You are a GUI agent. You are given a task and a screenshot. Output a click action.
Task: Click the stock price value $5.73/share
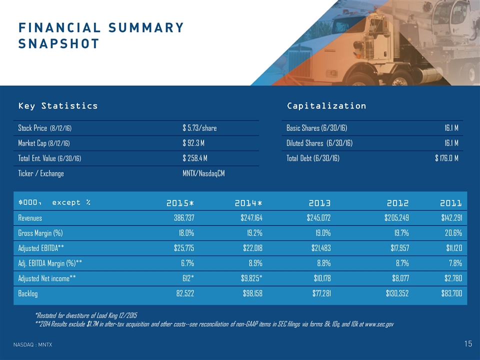click(x=199, y=128)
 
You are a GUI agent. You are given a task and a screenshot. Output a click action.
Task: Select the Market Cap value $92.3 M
click(x=195, y=143)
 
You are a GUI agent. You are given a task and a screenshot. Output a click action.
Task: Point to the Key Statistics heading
click(x=58, y=106)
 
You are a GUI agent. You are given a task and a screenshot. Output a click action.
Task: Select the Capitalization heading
click(x=326, y=106)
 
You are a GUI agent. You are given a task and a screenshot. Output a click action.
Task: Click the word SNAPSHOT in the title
click(x=58, y=43)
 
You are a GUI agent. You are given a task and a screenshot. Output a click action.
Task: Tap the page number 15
click(x=468, y=343)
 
